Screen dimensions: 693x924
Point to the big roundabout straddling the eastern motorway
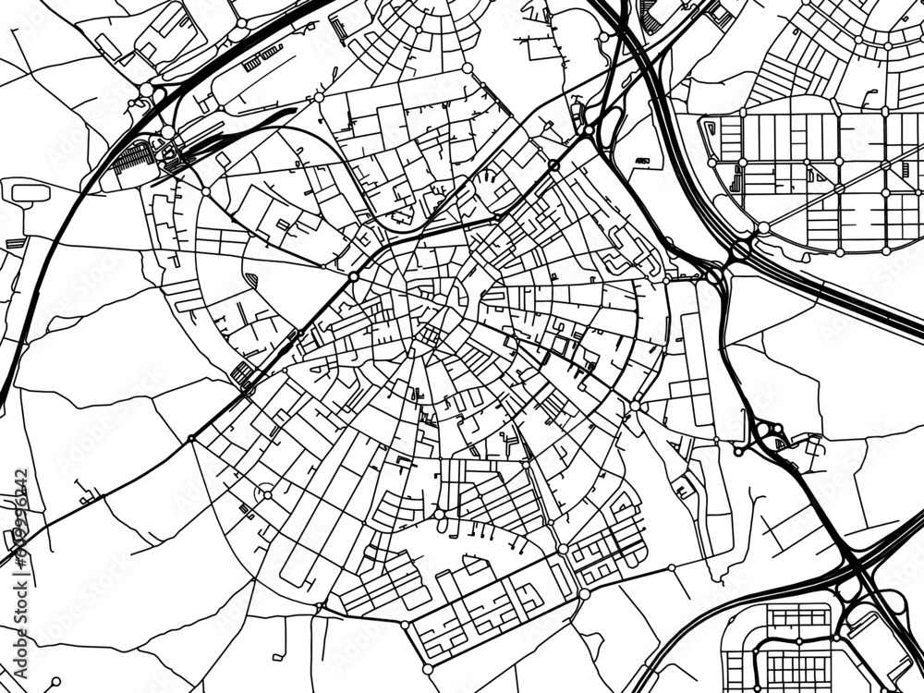point(740,249)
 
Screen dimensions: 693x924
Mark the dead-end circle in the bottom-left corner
point(55,682)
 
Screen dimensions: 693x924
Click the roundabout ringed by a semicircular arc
point(265,494)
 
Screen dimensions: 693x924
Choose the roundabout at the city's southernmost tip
point(427,667)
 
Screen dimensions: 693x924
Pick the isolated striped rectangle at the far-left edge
point(14,243)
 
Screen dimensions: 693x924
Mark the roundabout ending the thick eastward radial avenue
point(635,406)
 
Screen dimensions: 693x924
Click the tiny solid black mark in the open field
point(644,162)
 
